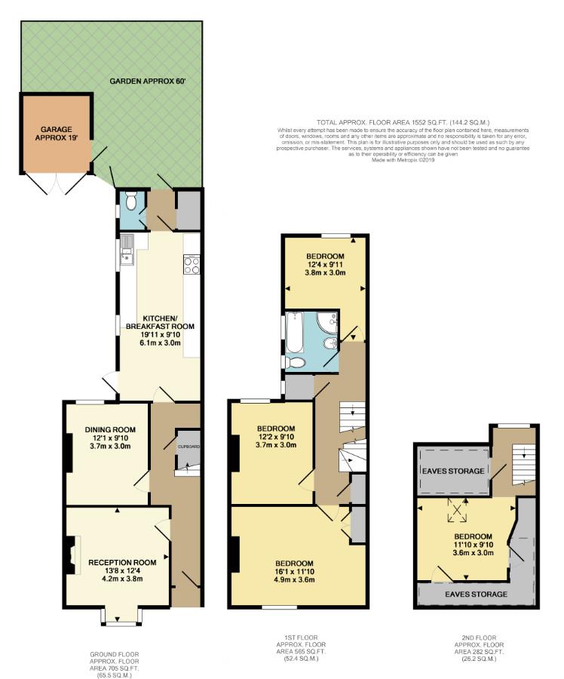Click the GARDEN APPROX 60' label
click(x=147, y=80)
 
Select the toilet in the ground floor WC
click(x=131, y=201)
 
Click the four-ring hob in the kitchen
click(x=191, y=265)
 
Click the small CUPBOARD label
click(x=189, y=447)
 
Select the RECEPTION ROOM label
click(x=122, y=562)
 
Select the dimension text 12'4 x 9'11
click(x=325, y=265)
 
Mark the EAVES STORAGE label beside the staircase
click(x=452, y=472)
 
